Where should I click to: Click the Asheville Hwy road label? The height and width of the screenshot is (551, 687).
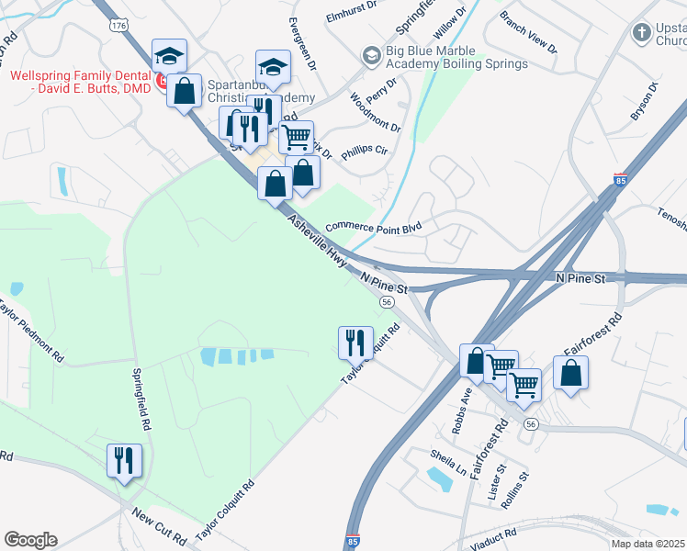pyautogui.click(x=317, y=242)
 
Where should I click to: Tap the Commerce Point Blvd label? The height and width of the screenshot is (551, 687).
pyautogui.click(x=373, y=225)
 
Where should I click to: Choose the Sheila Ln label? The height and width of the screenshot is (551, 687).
pyautogui.click(x=449, y=461)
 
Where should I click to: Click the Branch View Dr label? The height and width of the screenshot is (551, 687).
pyautogui.click(x=528, y=31)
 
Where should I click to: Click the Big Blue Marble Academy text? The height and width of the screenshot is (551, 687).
pyautogui.click(x=456, y=58)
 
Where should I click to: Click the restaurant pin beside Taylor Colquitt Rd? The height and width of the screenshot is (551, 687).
pyautogui.click(x=355, y=343)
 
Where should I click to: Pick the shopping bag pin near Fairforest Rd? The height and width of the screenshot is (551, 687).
pyautogui.click(x=570, y=373)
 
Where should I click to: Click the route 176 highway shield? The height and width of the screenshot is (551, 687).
pyautogui.click(x=118, y=28)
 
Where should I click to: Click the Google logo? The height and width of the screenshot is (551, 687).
pyautogui.click(x=30, y=540)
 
